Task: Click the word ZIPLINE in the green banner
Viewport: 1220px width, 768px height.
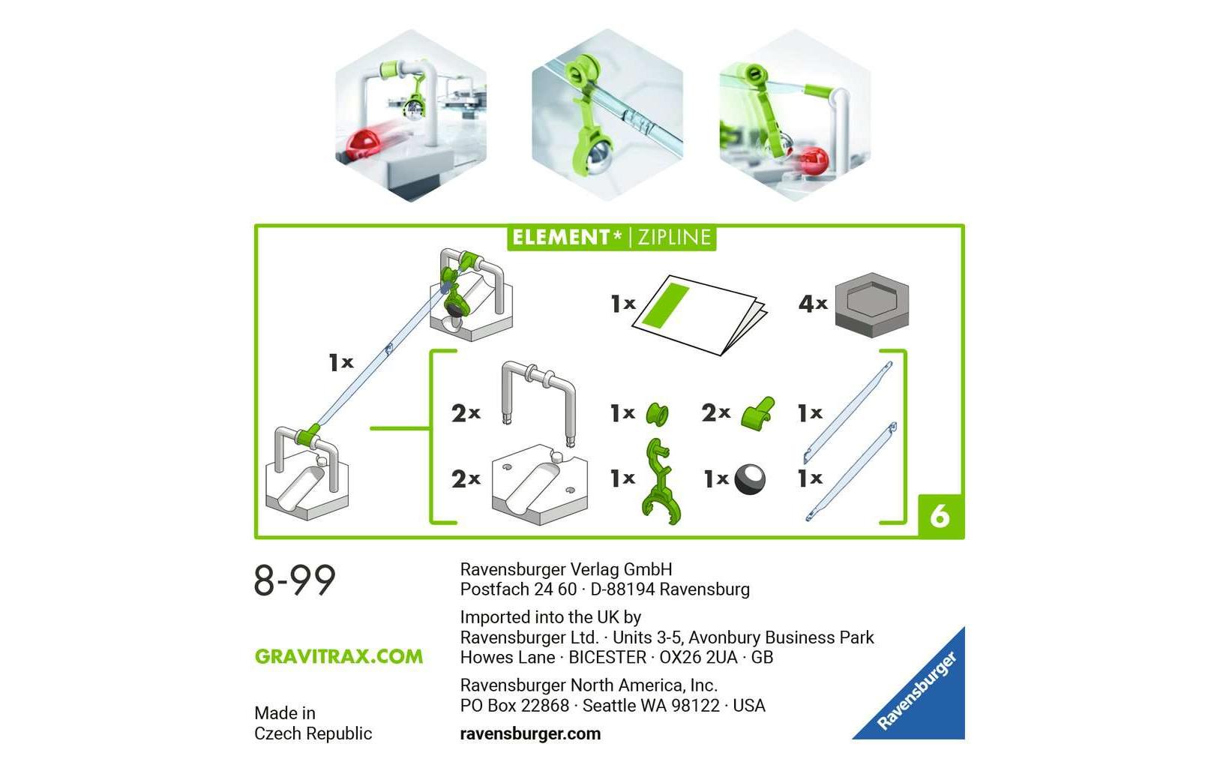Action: [x=674, y=238]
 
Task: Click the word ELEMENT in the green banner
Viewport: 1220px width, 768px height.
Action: [x=562, y=238]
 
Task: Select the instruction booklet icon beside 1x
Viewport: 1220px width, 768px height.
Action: [x=699, y=314]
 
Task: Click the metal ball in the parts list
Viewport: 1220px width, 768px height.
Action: [x=750, y=478]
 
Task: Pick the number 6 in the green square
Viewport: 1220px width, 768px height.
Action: [x=940, y=516]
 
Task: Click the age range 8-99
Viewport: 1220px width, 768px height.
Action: [x=295, y=580]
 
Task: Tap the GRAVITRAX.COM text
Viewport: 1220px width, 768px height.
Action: [x=338, y=656]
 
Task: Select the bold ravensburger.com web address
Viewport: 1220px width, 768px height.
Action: [x=530, y=733]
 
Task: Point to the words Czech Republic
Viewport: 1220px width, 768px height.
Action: [x=313, y=733]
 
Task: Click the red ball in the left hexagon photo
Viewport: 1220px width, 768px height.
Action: [x=365, y=142]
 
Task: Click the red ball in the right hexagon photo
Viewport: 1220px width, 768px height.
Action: [x=813, y=160]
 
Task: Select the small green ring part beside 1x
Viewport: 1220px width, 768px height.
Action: [x=658, y=413]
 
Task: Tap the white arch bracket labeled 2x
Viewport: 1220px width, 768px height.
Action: [x=538, y=401]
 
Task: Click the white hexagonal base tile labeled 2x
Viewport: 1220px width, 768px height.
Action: [x=538, y=485]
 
